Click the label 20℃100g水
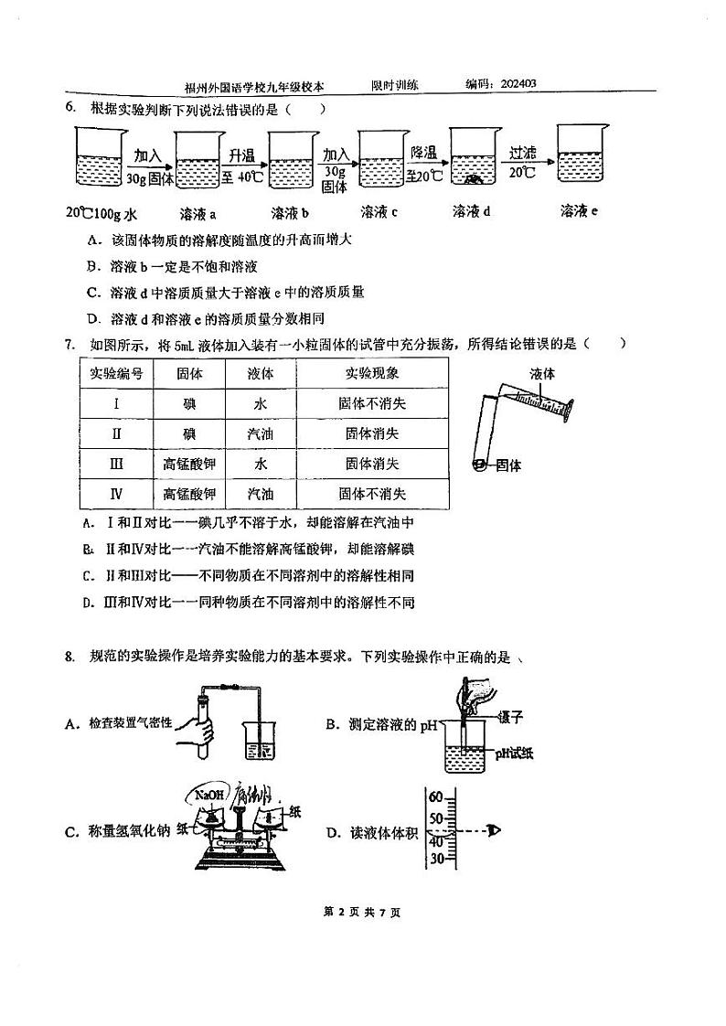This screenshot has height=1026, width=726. click(x=101, y=213)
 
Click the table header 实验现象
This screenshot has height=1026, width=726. click(x=371, y=373)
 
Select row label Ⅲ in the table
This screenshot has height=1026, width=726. click(x=116, y=464)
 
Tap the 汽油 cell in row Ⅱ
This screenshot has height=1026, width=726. click(x=261, y=433)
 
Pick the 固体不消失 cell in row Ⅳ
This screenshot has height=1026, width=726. click(x=371, y=494)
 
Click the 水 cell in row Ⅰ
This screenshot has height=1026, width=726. click(x=261, y=403)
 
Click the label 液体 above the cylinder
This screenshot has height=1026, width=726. click(x=542, y=373)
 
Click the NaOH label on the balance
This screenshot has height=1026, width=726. click(x=209, y=795)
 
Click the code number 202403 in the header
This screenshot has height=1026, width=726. click(x=518, y=84)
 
